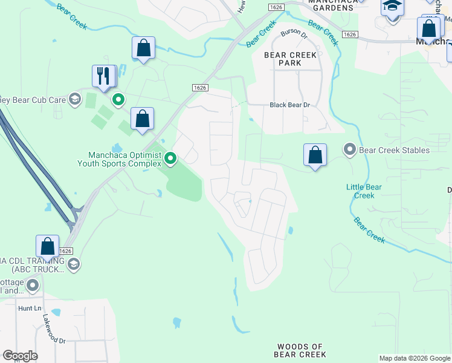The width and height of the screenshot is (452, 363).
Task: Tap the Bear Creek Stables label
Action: point(394,150)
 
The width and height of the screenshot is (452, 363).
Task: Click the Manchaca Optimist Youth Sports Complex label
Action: point(120,159)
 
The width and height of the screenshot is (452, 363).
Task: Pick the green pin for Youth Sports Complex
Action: point(171,159)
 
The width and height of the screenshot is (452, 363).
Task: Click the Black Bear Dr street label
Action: point(289,105)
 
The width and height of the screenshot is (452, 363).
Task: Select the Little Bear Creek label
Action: point(364,191)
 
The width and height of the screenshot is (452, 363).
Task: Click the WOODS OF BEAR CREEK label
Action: point(300,350)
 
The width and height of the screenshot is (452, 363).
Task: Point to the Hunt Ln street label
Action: point(29,308)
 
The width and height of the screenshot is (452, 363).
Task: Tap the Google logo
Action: point(20,356)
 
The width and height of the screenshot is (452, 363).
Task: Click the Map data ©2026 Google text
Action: point(415,358)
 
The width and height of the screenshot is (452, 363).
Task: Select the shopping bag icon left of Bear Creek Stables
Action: point(315,155)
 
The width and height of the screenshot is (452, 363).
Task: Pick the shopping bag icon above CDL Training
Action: point(47,247)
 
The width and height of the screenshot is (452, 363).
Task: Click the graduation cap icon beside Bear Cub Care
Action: point(75,99)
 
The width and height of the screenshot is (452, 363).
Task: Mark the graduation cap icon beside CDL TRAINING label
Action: point(74,264)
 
